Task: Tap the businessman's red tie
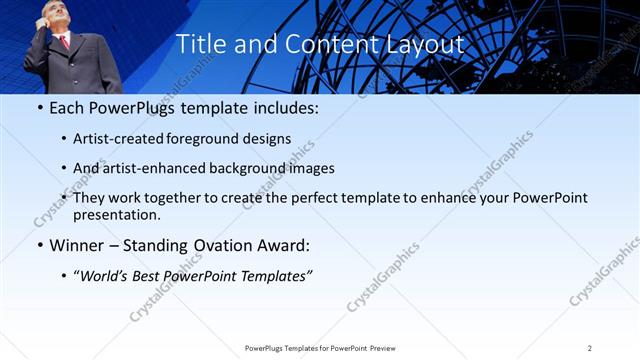point(65,41)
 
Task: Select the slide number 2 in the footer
point(589,348)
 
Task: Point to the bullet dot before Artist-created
point(64,139)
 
